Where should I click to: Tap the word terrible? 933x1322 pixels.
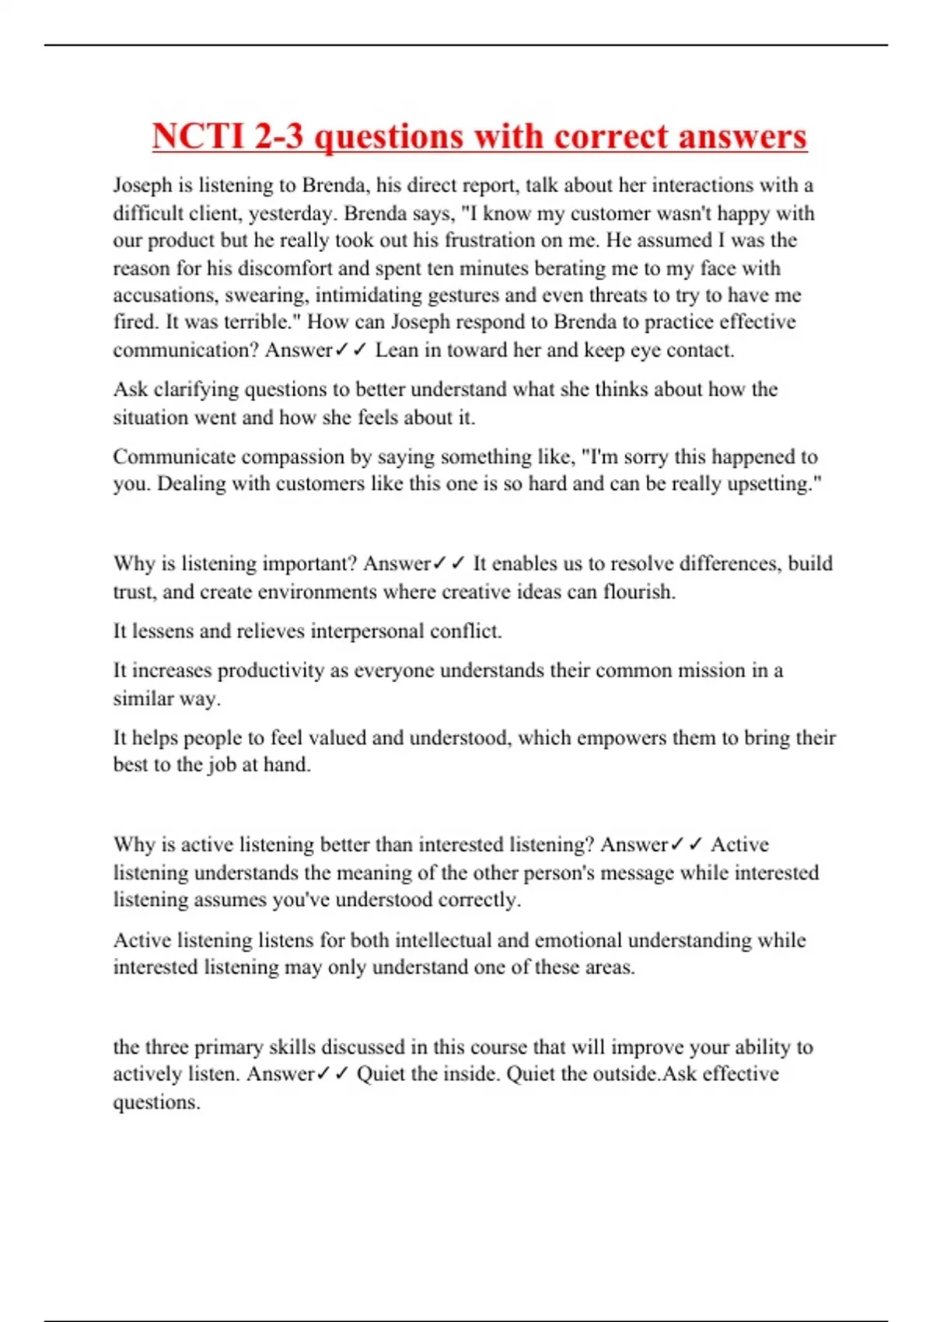pyautogui.click(x=263, y=323)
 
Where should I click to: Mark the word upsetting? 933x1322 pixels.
pyautogui.click(x=774, y=484)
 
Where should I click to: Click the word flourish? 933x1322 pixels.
pyautogui.click(x=639, y=592)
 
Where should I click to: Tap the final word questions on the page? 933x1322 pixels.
pyautogui.click(x=156, y=1102)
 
